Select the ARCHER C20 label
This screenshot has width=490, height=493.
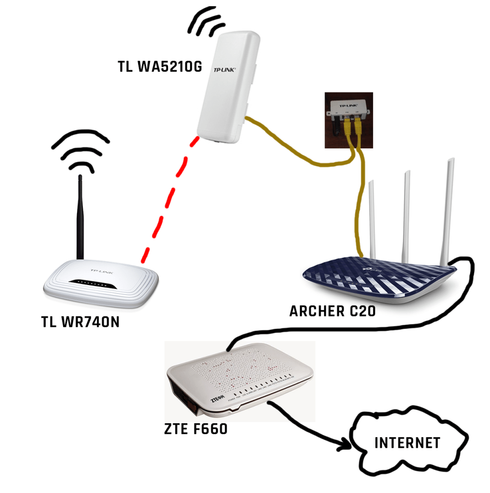coord(333,311)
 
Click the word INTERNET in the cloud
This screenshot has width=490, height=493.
coord(407,443)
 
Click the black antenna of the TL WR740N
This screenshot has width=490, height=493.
coord(81,222)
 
